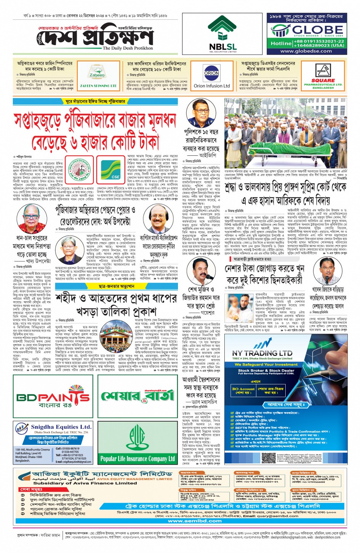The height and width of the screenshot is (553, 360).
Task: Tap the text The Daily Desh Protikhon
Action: pos(128,48)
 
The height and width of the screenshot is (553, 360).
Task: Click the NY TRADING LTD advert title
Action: pos(262,353)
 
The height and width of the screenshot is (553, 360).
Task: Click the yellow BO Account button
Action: pos(243,390)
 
